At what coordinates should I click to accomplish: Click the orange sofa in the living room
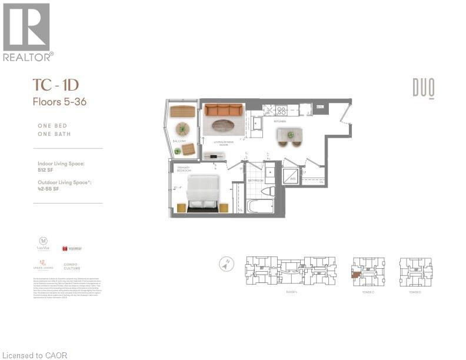click(223, 109)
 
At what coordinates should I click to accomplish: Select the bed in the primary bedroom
click(203, 191)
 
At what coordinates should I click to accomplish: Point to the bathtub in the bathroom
click(259, 206)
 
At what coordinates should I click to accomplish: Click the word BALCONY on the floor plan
click(179, 141)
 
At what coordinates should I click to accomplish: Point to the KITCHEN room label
click(280, 122)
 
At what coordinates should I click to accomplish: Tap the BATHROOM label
click(255, 181)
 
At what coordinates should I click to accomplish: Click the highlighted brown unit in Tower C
click(356, 274)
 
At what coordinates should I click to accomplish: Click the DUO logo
click(423, 89)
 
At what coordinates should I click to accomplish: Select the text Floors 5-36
click(59, 101)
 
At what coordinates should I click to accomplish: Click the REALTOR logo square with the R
click(26, 26)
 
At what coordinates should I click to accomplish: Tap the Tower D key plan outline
click(415, 271)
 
